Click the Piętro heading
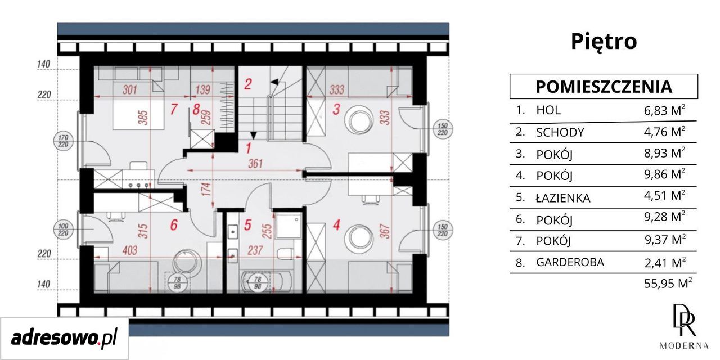[x=604, y=42]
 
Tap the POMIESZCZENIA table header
[x=604, y=87]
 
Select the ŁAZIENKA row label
[x=563, y=198]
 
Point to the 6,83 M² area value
[x=664, y=110]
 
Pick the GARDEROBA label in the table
[x=570, y=262]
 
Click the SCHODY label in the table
[x=560, y=132]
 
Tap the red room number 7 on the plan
[x=174, y=109]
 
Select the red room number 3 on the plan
[x=336, y=109]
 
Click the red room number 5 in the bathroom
[x=247, y=225]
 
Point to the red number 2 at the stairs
[x=247, y=84]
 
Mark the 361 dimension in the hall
[x=255, y=164]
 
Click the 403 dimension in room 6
[x=129, y=250]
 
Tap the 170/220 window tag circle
[x=64, y=141]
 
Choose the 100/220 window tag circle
[x=64, y=230]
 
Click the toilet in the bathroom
[x=285, y=253]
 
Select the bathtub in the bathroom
[x=267, y=282]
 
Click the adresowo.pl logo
[x=64, y=339]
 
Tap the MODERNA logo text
[x=684, y=354]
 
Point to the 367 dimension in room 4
[x=386, y=231]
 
